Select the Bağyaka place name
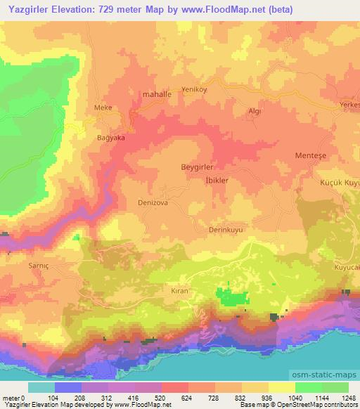(x=110, y=138)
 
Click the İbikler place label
(x=213, y=180)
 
